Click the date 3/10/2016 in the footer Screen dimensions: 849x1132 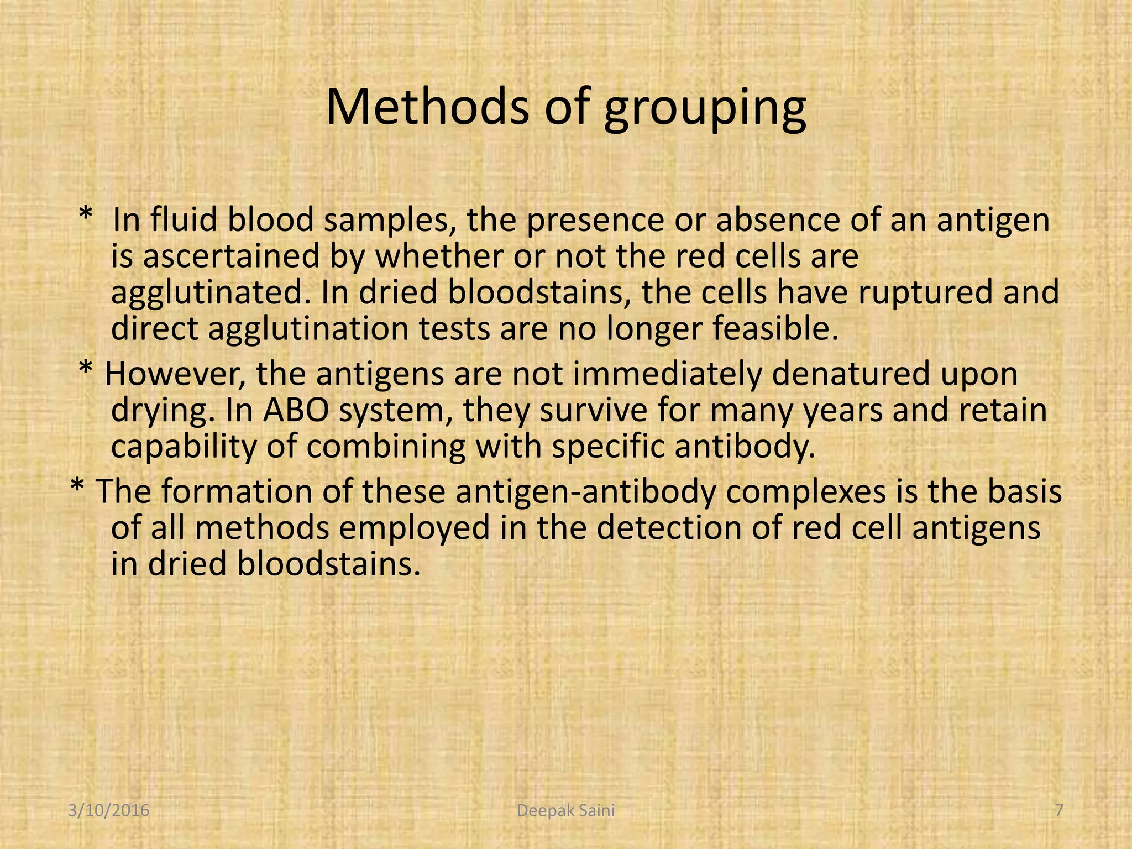tap(109, 811)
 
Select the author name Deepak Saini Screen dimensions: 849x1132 tap(565, 811)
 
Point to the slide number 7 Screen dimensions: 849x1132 tap(1059, 811)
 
